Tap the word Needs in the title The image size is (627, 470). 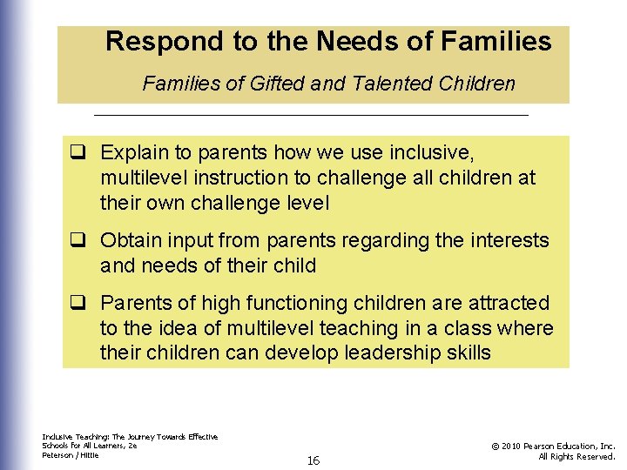[357, 42]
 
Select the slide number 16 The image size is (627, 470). [313, 460]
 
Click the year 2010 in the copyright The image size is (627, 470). [517, 446]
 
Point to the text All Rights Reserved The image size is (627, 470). [577, 456]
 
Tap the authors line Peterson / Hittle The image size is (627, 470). [71, 455]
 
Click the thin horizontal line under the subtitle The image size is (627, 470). [311, 115]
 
